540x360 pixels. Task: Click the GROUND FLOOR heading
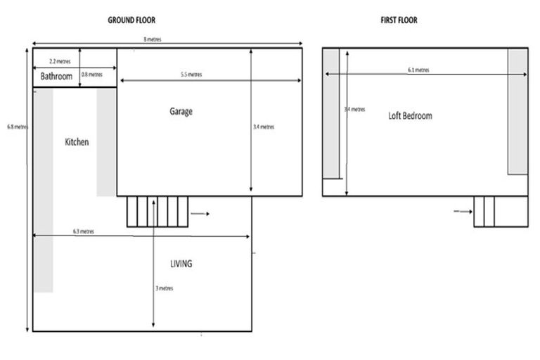(131, 20)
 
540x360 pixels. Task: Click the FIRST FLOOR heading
(399, 20)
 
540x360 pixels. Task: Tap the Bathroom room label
(56, 76)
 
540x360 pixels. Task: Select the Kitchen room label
(77, 142)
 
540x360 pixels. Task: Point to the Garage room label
(181, 111)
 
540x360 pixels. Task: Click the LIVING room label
(181, 264)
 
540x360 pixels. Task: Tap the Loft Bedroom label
(410, 115)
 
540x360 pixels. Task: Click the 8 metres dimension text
(150, 40)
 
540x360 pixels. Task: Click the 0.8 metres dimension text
(92, 74)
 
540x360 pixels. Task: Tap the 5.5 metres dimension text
(191, 75)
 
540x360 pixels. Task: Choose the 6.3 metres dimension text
(84, 231)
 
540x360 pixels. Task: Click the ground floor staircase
(157, 212)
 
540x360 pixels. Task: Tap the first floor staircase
(484, 212)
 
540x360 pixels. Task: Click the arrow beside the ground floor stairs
(199, 212)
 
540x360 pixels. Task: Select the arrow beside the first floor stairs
(461, 210)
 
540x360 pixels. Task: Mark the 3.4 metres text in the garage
(263, 127)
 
